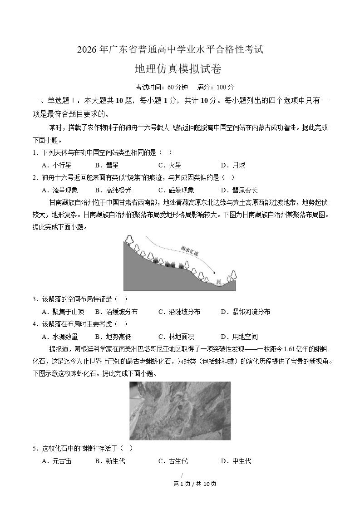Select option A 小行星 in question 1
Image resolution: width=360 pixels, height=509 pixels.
[x=56, y=165]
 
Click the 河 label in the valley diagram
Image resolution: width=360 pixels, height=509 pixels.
[x=218, y=282]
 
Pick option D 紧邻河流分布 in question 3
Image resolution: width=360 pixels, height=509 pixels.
[x=245, y=312]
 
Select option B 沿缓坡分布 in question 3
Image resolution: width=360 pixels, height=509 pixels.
[x=116, y=312]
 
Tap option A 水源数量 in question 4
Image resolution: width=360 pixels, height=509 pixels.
[x=59, y=337]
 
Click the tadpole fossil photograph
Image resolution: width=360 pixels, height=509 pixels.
[x=180, y=411]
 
